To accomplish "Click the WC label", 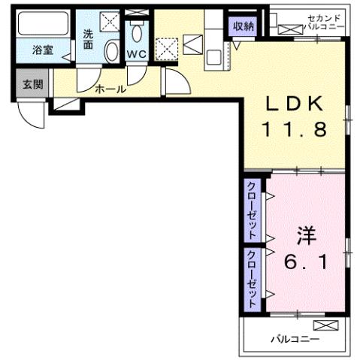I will (x=137, y=55).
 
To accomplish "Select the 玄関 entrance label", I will (x=32, y=83).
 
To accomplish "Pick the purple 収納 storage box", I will (x=244, y=26).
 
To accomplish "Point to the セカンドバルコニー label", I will (x=325, y=22).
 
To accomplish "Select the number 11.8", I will (x=293, y=130).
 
